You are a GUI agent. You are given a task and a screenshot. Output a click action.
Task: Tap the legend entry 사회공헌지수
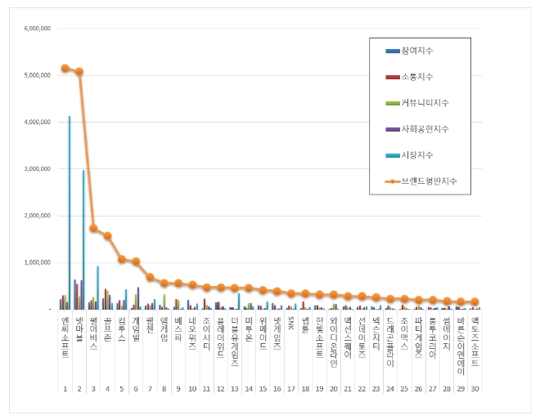tap(424, 129)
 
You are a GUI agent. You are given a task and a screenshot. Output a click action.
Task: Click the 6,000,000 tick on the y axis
tap(39, 28)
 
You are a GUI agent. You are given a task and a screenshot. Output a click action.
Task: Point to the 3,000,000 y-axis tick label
tap(39, 169)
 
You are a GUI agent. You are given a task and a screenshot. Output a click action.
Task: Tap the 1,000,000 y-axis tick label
tap(39, 263)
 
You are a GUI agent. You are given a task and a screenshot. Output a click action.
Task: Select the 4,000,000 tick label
tap(39, 122)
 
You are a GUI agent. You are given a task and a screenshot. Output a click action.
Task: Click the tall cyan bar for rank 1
tap(70, 212)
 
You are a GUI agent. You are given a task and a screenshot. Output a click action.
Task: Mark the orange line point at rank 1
tap(65, 68)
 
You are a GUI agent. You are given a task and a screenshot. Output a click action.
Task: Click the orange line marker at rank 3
tap(93, 228)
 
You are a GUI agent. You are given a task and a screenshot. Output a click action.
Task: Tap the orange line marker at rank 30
tap(475, 302)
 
